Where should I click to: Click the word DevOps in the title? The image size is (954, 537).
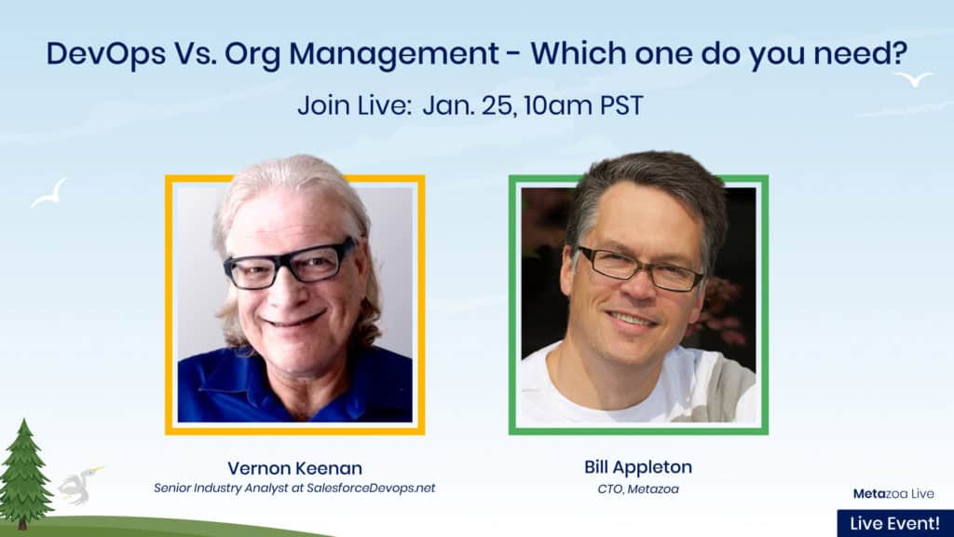click(106, 54)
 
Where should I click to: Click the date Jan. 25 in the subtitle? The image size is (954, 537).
click(470, 105)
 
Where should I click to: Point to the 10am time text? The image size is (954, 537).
click(557, 105)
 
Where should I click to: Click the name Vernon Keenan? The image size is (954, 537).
click(295, 468)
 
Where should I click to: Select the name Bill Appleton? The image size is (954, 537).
click(638, 467)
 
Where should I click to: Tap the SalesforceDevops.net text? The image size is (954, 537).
click(371, 488)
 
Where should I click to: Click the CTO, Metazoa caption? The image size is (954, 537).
click(638, 489)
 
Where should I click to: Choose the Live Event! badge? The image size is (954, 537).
click(895, 524)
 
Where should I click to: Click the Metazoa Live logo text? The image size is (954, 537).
click(893, 494)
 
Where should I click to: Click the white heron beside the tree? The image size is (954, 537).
click(79, 485)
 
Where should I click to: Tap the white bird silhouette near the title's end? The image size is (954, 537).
click(913, 78)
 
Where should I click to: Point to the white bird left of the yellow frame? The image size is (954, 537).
click(50, 194)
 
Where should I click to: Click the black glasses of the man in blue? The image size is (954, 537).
click(289, 264)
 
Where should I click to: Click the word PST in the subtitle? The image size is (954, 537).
click(621, 105)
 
